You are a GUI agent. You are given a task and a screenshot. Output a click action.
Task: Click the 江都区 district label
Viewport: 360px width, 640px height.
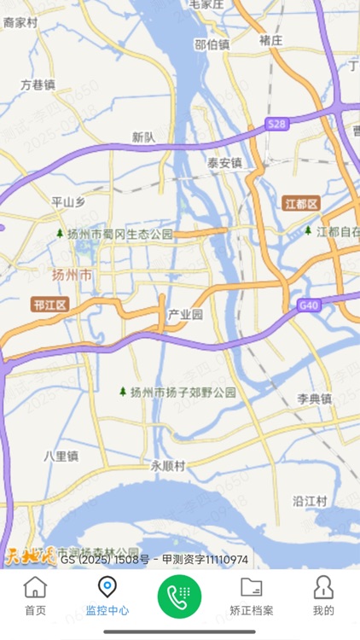tap(300, 204)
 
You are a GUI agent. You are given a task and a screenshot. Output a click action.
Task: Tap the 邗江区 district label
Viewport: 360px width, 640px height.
tap(49, 304)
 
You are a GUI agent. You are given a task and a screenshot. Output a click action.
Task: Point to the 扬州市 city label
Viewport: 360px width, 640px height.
tap(72, 275)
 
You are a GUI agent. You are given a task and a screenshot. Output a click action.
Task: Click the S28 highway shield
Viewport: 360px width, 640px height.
tap(276, 125)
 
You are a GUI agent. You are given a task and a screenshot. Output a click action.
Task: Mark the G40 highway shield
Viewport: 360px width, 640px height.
tap(310, 305)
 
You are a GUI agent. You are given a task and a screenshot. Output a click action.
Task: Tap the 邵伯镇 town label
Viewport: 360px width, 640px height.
tap(212, 44)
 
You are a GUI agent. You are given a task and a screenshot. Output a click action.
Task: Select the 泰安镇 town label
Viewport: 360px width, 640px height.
tap(224, 162)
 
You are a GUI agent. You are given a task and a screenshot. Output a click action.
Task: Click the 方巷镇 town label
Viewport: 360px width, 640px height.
tap(38, 85)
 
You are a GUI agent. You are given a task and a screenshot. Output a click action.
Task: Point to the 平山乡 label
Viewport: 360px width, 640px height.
tap(69, 202)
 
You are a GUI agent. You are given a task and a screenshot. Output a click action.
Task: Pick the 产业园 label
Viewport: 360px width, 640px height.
tap(185, 314)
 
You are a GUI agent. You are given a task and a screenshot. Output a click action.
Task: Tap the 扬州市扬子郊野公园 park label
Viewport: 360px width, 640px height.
tap(177, 393)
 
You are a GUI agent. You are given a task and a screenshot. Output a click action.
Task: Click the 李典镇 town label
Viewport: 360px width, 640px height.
tap(314, 399)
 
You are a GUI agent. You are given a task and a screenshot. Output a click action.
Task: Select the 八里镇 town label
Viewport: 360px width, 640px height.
tap(61, 457)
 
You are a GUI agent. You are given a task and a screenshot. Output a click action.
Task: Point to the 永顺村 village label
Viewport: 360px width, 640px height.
tap(168, 466)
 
